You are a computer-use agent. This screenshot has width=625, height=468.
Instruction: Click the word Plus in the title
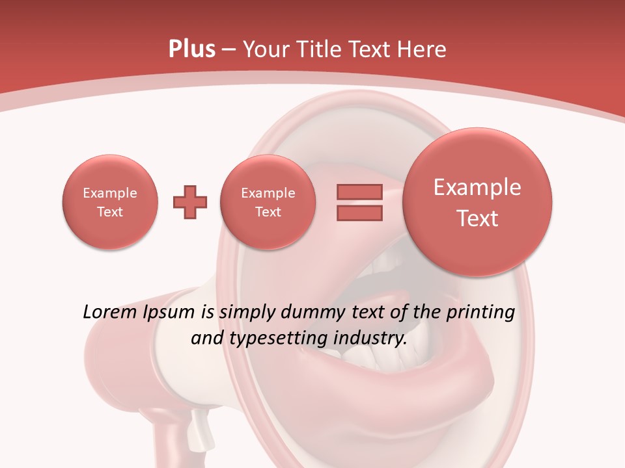191,49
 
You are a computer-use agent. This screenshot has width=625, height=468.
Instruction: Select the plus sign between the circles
190,202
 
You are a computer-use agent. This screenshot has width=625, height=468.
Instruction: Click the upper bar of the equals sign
359,192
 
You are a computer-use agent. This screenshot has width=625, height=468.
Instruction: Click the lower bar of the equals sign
359,213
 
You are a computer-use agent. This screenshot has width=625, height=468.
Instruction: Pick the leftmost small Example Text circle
110,202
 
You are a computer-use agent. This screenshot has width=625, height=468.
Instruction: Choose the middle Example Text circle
268,202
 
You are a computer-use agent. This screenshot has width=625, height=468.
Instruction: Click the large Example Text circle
477,202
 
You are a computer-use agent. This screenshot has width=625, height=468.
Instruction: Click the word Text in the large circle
477,218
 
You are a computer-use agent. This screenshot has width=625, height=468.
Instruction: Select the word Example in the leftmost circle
110,193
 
